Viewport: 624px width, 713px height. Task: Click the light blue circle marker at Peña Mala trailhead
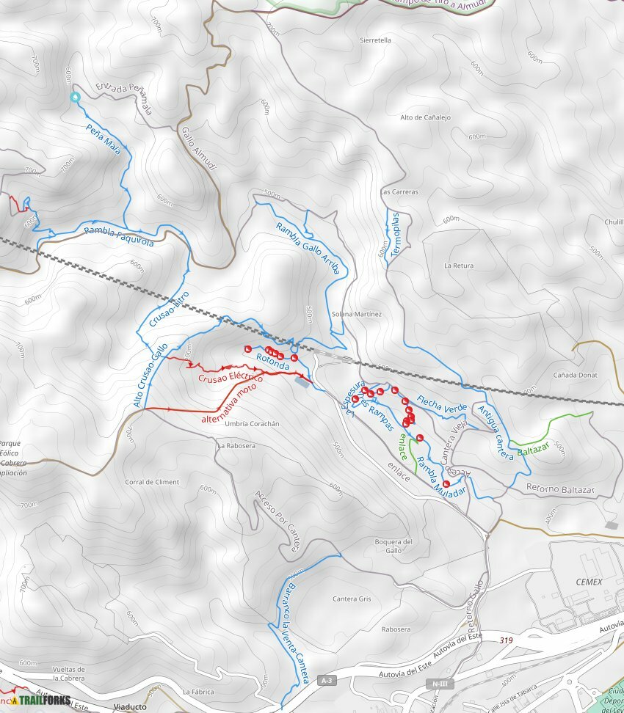[x=74, y=97]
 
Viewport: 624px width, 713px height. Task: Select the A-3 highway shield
[x=327, y=681]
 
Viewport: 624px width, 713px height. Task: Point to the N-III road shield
[x=439, y=684]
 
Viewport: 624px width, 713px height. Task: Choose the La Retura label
[x=459, y=266]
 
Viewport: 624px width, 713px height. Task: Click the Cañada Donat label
[x=575, y=375]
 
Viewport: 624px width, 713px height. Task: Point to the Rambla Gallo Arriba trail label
[x=308, y=248]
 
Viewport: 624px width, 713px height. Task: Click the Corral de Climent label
[x=152, y=482]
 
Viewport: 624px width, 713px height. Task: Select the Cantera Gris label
[x=352, y=599]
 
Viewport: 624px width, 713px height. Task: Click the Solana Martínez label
[x=357, y=314]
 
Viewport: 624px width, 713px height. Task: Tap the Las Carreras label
[x=399, y=192]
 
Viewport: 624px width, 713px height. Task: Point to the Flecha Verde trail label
[x=442, y=403]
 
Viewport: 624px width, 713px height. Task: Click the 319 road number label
[x=505, y=640]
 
